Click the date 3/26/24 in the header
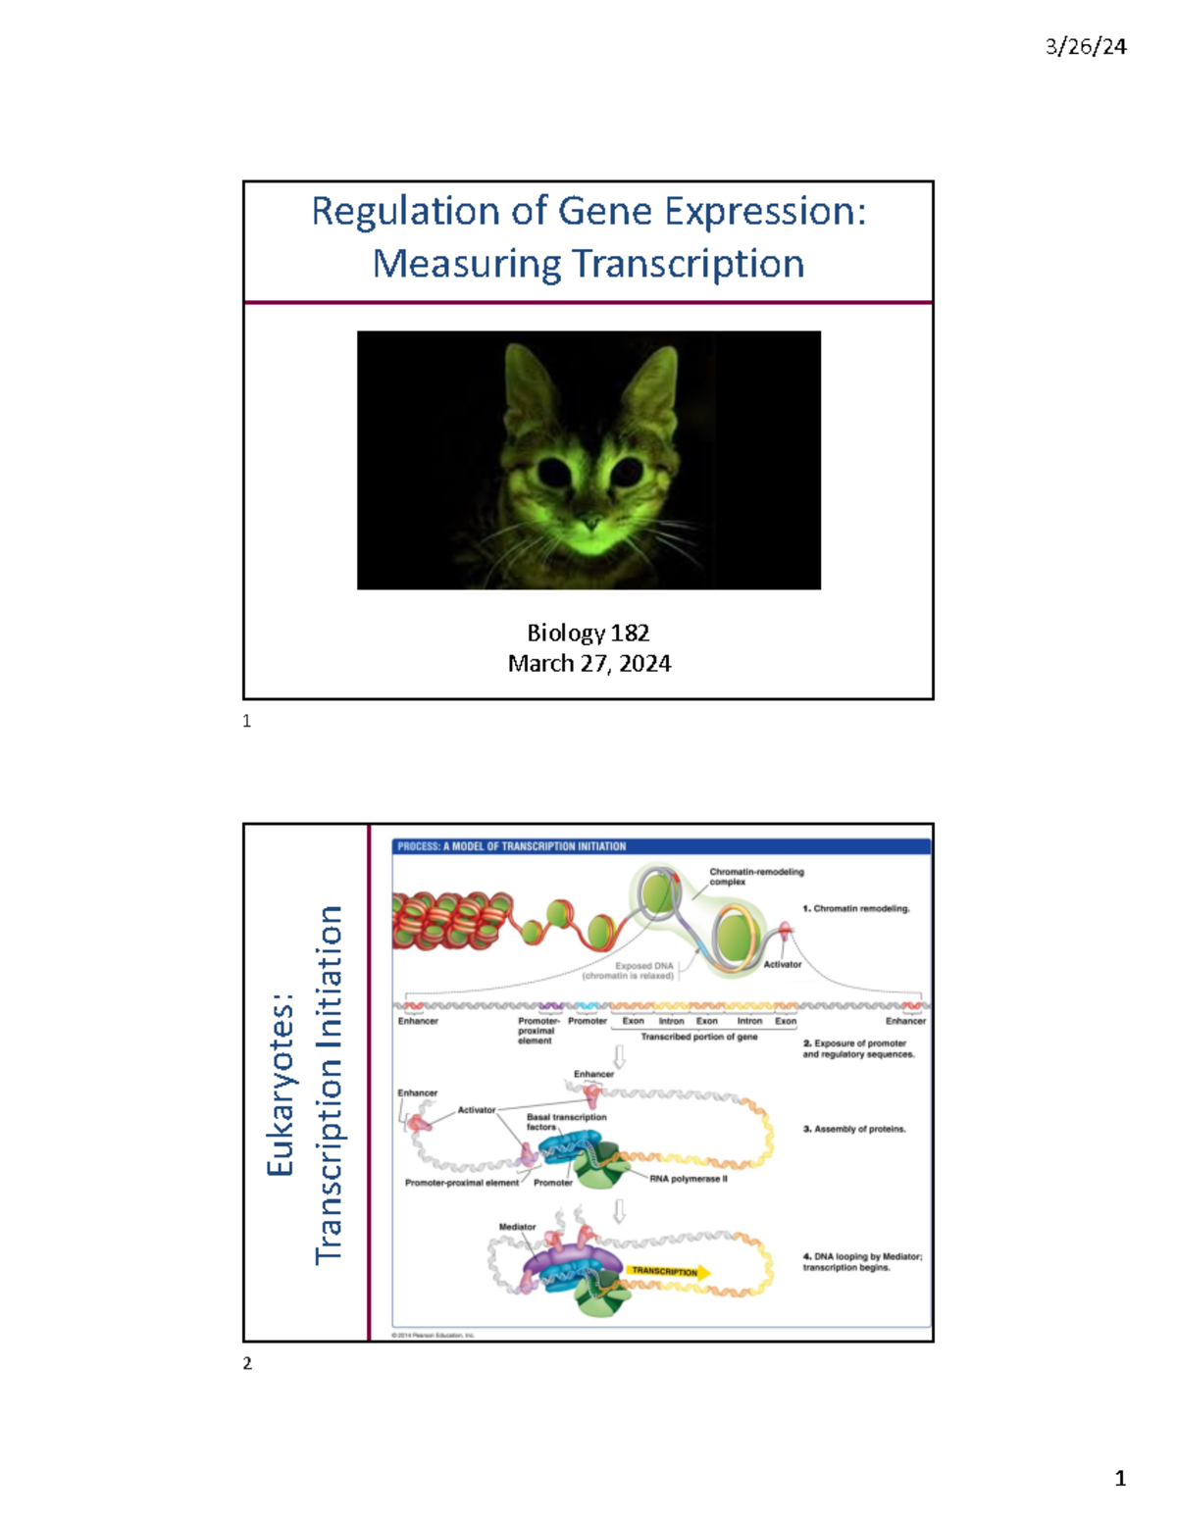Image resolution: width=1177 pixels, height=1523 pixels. (x=1086, y=46)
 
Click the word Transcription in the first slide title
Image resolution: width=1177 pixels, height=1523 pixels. (x=687, y=264)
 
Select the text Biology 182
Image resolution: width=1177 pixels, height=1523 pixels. (x=588, y=633)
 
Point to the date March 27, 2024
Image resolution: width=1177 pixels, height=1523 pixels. (x=588, y=664)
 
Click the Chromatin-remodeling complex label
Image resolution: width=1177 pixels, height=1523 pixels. (x=755, y=876)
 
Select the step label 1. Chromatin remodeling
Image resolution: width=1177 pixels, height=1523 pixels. (x=855, y=908)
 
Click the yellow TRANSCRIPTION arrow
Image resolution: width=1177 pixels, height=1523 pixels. (x=667, y=1271)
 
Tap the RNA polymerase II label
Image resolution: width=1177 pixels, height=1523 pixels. (x=688, y=1179)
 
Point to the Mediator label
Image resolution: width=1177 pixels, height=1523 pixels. (x=517, y=1227)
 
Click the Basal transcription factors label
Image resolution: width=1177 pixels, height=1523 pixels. (x=565, y=1121)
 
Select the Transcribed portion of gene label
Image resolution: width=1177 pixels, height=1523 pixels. (x=698, y=1037)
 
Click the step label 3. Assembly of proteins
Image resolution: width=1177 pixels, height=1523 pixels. (x=853, y=1129)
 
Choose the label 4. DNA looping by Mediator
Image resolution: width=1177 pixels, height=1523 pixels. (x=861, y=1261)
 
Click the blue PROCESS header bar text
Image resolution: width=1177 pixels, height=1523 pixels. (x=511, y=846)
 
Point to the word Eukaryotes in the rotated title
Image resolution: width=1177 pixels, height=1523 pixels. (x=281, y=1084)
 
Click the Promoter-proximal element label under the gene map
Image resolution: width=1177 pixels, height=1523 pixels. (x=537, y=1031)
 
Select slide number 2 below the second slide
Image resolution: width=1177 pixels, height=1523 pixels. (x=247, y=1363)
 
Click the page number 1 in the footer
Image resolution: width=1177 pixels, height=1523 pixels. (x=1119, y=1478)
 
